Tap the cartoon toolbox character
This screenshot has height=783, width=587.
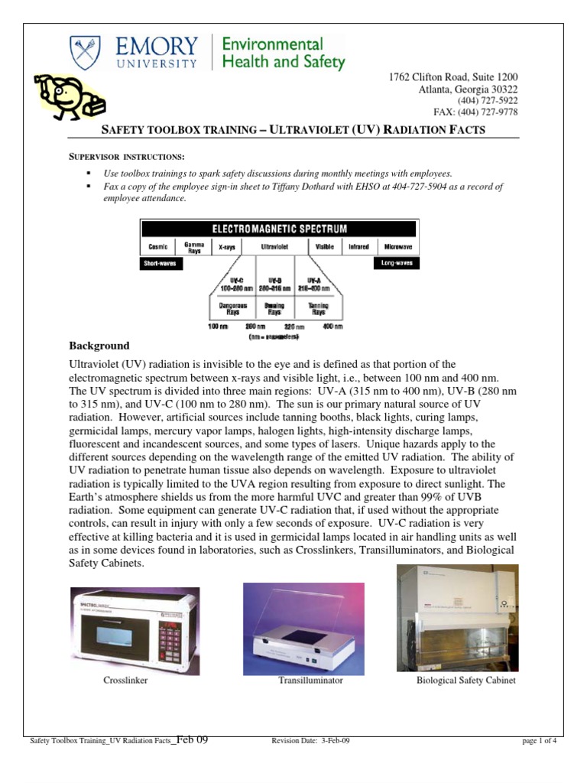point(68,96)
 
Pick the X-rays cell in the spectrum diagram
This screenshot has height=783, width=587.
point(226,247)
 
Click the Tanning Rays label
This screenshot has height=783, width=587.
point(318,308)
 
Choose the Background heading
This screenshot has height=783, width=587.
point(99,346)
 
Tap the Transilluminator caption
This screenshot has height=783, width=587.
point(310,680)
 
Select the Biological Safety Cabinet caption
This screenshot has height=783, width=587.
point(465,680)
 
